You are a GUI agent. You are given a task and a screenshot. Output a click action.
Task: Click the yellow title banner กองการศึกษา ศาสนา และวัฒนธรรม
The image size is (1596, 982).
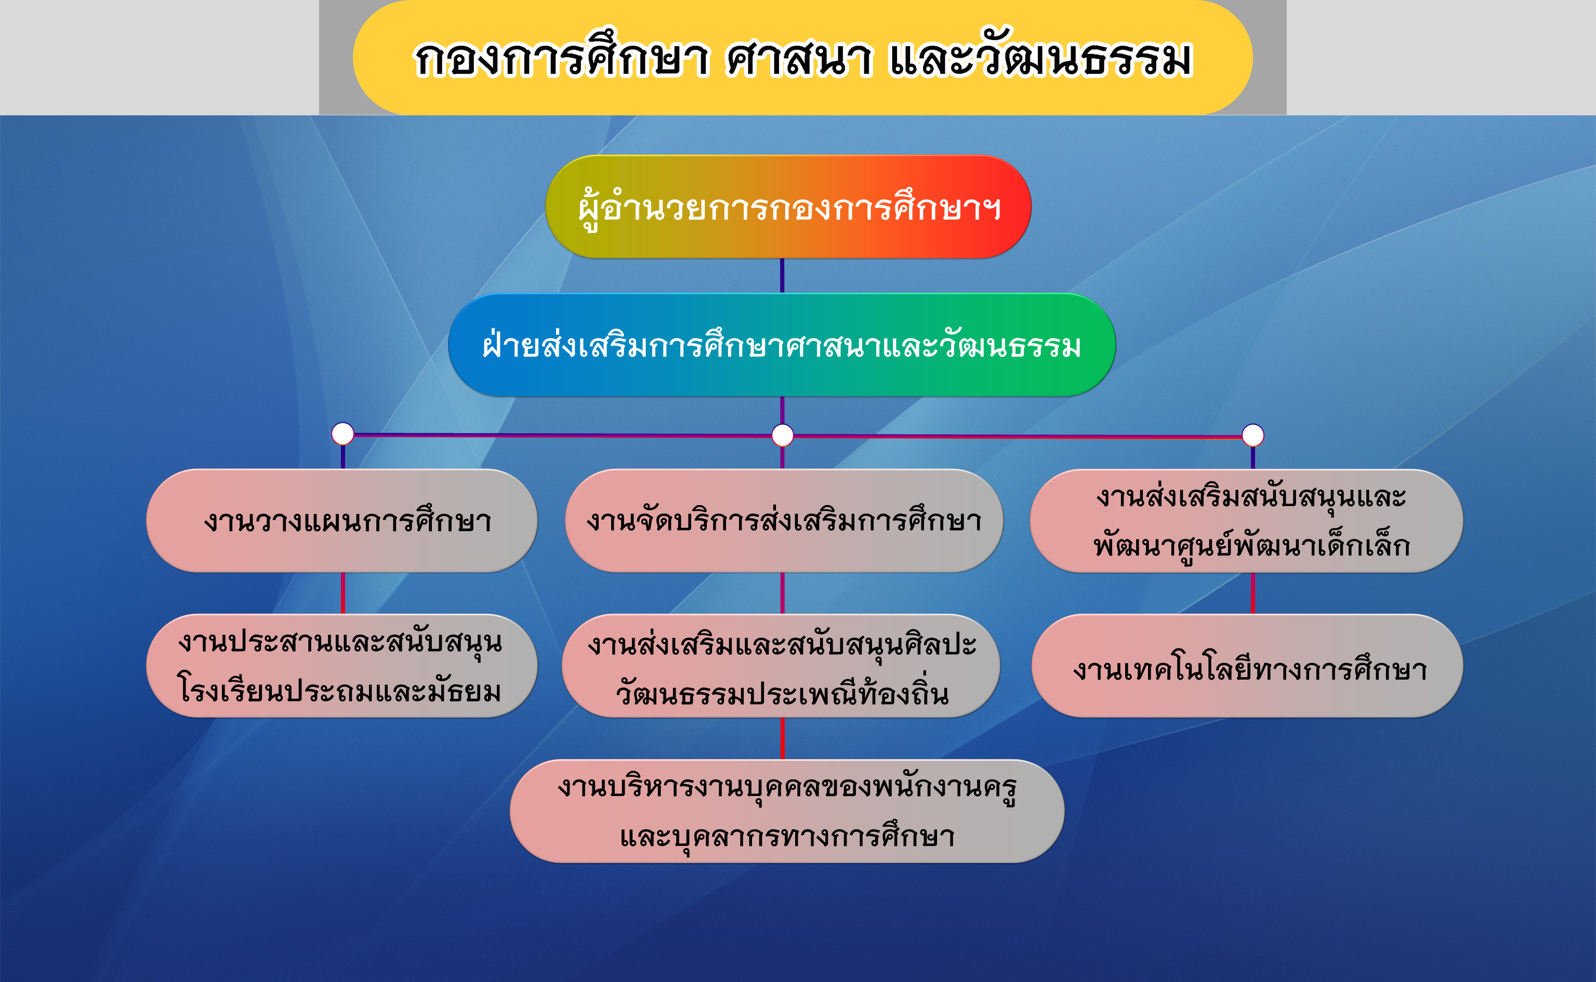(802, 57)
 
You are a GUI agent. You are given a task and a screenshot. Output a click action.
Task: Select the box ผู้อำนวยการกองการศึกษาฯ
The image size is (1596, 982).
(788, 207)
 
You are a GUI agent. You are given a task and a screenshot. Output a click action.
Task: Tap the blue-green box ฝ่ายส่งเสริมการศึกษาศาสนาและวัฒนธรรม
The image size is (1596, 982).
(782, 345)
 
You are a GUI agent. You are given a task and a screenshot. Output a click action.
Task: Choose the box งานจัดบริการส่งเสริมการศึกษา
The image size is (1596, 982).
(784, 521)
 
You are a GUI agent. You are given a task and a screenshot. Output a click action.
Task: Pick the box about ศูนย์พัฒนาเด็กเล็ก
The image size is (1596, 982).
(1247, 521)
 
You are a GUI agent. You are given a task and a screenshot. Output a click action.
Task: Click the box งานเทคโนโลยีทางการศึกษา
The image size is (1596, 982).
(1247, 666)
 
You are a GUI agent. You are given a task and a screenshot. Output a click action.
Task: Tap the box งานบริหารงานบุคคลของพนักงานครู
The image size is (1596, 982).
(787, 811)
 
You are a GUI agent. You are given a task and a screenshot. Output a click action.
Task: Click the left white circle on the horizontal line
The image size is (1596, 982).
(343, 433)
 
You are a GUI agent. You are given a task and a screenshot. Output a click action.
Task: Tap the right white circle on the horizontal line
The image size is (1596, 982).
(1253, 435)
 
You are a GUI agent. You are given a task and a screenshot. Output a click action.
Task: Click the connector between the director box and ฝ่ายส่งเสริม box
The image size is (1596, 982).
(782, 275)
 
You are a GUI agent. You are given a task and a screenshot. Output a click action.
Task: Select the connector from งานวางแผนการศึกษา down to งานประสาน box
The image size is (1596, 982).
(343, 593)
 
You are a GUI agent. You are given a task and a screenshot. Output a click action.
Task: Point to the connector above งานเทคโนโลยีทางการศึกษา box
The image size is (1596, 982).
(1253, 593)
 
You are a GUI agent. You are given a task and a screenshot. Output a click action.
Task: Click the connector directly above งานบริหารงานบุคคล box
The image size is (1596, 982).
(782, 738)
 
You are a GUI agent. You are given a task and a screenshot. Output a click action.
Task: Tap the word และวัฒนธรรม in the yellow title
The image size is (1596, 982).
(1040, 55)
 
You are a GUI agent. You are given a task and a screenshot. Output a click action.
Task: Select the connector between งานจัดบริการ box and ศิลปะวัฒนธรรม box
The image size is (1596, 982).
(782, 593)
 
